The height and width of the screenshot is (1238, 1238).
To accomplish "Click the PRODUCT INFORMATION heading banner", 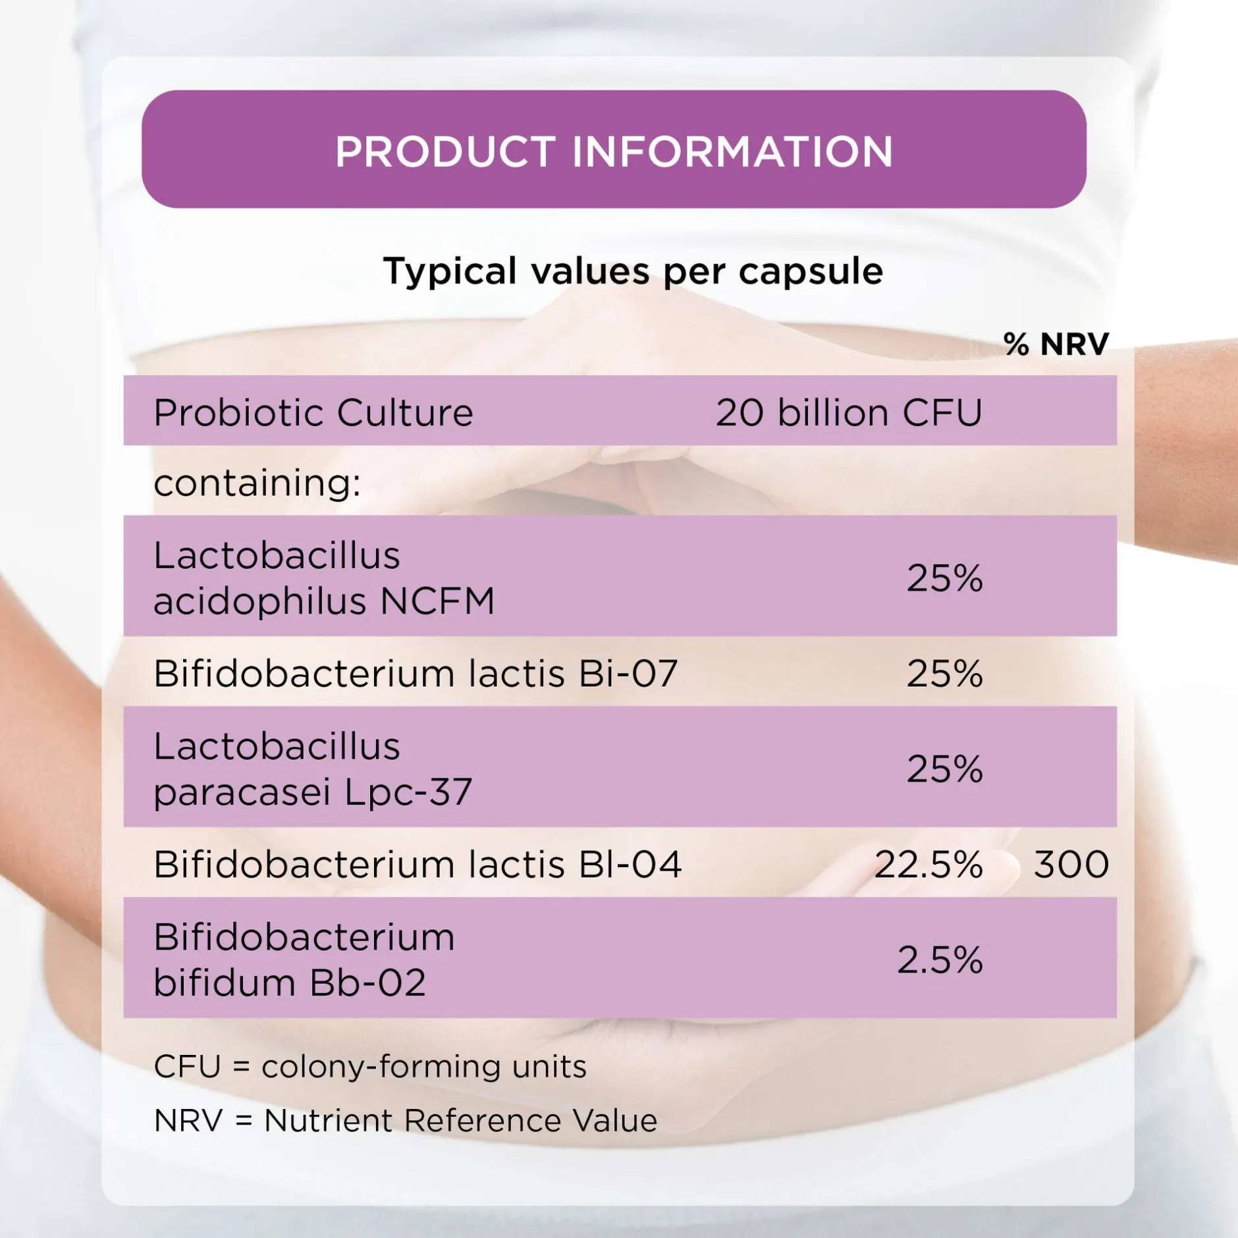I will coord(614,149).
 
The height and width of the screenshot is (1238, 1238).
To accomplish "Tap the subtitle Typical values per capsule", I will coord(633,271).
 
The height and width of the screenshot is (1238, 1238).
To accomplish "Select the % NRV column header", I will coord(1056,344).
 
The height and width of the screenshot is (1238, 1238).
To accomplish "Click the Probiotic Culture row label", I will coord(313,412).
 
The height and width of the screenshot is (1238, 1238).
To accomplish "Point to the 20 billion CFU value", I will coord(849,412).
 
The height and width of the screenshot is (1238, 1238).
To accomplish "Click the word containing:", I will coord(257,483).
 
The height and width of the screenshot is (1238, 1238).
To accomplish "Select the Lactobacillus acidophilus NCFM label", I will coord(324,578).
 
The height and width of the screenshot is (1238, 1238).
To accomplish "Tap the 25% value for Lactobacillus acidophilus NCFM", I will coord(944,578).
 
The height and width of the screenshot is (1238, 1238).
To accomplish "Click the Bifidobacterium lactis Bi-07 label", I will coord(416,673).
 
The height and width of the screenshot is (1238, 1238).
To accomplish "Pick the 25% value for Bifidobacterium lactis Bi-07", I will coord(944,673).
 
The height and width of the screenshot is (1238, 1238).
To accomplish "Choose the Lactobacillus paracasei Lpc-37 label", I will coord(313,768).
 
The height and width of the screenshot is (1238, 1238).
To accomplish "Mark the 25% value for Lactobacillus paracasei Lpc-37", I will coord(944,768).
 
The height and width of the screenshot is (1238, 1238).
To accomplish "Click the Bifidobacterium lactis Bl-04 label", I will coord(417,864).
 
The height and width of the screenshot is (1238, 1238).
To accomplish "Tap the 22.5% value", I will coord(928,864).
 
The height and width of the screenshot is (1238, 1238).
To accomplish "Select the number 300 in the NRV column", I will coord(1071,864).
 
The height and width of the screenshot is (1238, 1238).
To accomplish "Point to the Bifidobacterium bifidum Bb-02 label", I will coord(304,959).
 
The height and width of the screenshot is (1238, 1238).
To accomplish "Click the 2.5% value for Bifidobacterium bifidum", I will coord(940,959).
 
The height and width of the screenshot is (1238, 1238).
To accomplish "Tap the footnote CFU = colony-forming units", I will coord(369,1066).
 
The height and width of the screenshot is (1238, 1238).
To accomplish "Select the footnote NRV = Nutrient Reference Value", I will coord(405,1120).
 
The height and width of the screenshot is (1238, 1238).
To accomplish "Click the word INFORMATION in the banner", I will coord(732,151).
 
